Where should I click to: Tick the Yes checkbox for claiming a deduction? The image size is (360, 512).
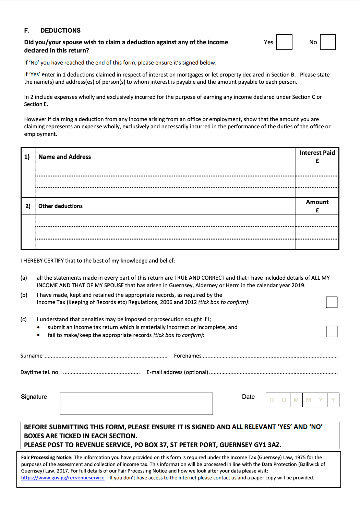(x=284, y=42)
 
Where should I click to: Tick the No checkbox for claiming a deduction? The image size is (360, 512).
(x=328, y=42)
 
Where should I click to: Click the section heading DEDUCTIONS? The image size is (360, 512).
(x=60, y=31)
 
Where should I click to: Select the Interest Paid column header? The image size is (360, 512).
(x=317, y=156)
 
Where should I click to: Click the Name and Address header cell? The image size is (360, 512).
(x=64, y=157)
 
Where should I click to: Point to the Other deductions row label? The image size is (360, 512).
(x=60, y=206)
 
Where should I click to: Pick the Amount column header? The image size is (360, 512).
(x=317, y=206)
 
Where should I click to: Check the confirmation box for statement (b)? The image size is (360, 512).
(x=332, y=302)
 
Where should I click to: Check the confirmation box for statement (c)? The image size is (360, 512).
(x=332, y=331)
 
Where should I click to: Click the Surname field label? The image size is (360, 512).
(x=31, y=356)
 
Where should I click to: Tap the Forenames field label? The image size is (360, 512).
(x=188, y=356)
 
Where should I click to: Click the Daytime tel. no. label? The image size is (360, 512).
(x=40, y=372)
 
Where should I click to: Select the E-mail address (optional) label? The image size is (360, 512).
(x=177, y=372)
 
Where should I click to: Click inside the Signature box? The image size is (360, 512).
(x=136, y=404)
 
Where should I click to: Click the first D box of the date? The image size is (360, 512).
(x=272, y=400)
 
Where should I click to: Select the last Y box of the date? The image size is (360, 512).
(x=333, y=400)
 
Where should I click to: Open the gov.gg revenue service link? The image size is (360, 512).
(x=63, y=478)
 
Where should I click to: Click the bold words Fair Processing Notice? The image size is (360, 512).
(x=47, y=457)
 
